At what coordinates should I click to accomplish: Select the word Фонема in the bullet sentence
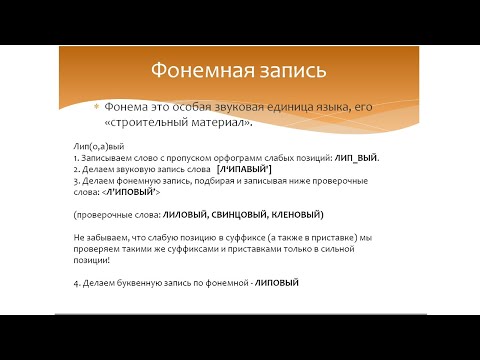tap(126, 106)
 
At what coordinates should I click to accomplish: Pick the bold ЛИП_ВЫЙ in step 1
tap(355, 158)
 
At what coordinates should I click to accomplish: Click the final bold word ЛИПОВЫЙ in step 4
tap(277, 284)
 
